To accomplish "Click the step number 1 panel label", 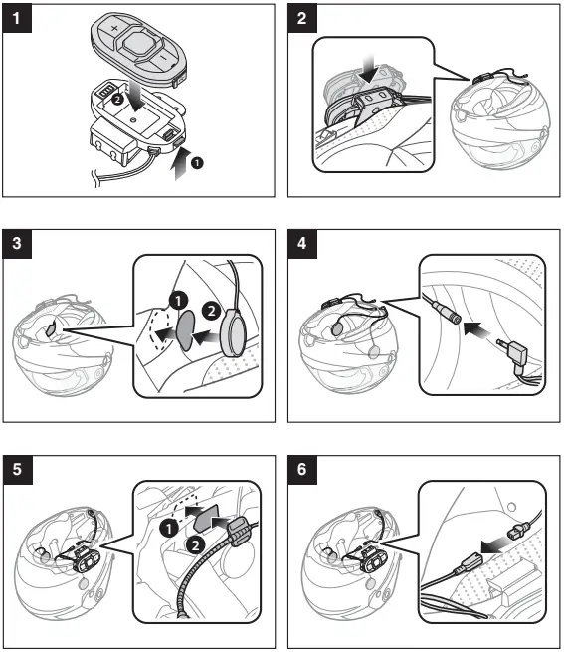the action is point(17,18).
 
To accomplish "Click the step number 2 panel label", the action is point(302,18).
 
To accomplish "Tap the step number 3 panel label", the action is point(17,244).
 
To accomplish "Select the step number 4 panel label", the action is point(302,244).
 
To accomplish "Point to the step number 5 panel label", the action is point(17,470).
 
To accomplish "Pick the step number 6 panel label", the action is point(302,470).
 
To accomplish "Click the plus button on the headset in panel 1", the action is point(113,29).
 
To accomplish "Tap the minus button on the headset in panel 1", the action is point(163,56).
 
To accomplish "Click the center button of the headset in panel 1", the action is point(139,43).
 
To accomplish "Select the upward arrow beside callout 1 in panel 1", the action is point(181,163).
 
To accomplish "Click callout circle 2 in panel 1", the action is point(117,99).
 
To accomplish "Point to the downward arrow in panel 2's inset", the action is point(369,69).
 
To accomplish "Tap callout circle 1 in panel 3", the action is point(179,300).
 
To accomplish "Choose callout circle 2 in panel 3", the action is point(212,311).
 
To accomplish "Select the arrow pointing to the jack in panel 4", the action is point(476,329).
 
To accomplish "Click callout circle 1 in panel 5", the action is point(169,529).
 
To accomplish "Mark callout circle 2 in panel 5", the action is point(196,544).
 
